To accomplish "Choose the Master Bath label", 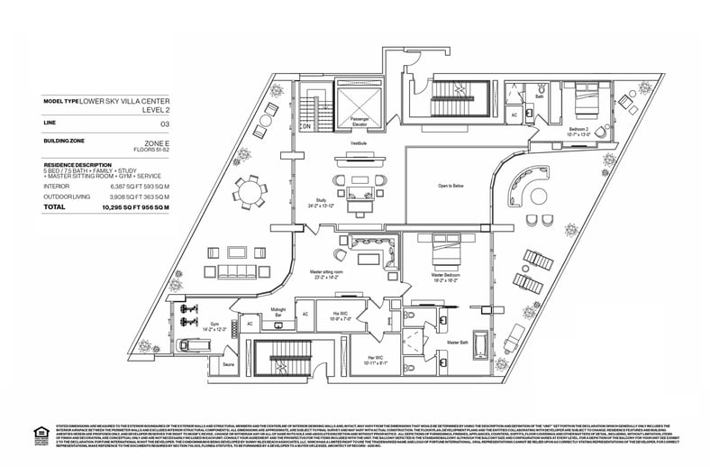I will tap(459, 343).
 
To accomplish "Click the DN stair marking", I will tap(306, 127).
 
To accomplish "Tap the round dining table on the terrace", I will tap(252, 193).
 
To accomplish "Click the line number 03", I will tap(165, 123).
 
